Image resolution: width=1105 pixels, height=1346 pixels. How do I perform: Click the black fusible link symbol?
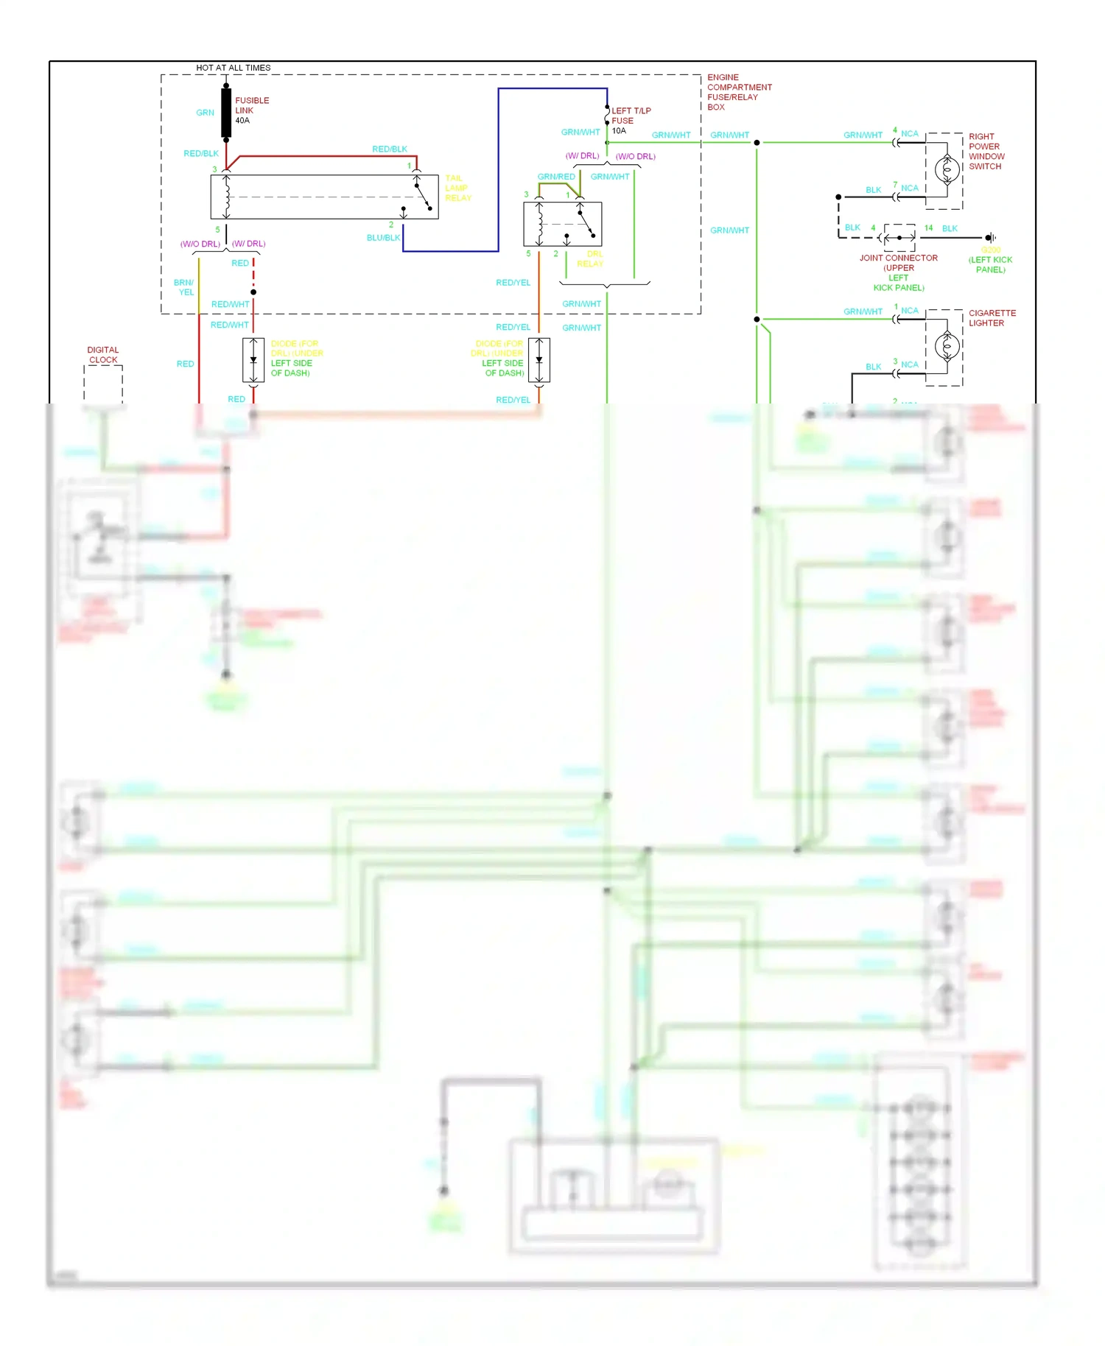[226, 112]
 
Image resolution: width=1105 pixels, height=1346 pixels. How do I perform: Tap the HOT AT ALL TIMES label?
[233, 68]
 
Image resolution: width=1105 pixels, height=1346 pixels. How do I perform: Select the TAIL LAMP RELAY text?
[457, 188]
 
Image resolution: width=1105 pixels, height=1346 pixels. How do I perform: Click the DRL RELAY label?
[590, 258]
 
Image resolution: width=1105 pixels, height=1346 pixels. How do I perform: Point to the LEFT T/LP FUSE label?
[631, 116]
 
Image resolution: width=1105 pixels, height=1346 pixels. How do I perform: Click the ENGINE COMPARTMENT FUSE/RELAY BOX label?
[739, 92]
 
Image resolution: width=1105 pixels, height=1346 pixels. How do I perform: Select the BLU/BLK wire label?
[383, 238]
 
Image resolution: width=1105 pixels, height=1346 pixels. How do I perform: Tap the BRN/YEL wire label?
[184, 287]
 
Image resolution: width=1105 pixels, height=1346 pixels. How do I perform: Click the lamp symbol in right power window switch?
[947, 170]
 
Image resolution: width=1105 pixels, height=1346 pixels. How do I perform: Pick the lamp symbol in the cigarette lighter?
[947, 346]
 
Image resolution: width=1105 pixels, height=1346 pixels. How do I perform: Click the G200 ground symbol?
[991, 238]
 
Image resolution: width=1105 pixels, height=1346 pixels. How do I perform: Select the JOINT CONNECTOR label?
[898, 258]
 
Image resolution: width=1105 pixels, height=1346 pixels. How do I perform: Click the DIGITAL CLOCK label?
[103, 355]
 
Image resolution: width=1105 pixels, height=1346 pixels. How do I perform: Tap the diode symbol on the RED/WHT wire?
[253, 360]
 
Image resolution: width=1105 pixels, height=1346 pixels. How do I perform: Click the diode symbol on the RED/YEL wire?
[539, 360]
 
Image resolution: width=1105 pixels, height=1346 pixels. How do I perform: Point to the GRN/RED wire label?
[556, 177]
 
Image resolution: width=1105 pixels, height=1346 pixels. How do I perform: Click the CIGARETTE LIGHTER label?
[992, 318]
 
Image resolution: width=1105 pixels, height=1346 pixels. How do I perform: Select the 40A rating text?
[242, 121]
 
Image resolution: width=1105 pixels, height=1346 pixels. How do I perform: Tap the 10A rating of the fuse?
[619, 131]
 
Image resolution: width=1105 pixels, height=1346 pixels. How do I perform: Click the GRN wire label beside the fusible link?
[205, 113]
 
